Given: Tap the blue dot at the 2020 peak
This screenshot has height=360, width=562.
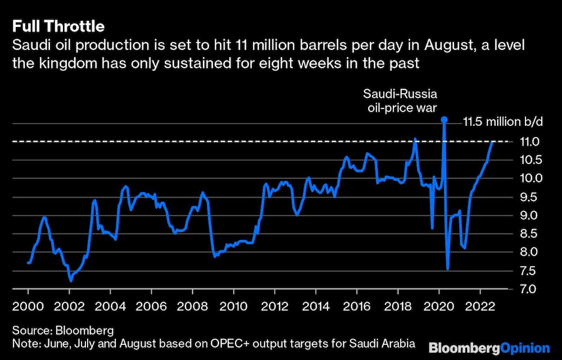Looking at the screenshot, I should click(444, 120).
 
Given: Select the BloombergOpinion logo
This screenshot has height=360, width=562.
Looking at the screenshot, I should click(488, 347).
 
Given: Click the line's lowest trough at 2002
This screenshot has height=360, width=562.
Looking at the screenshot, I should click(70, 281).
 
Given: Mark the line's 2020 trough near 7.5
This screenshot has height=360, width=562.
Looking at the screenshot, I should click(448, 269).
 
